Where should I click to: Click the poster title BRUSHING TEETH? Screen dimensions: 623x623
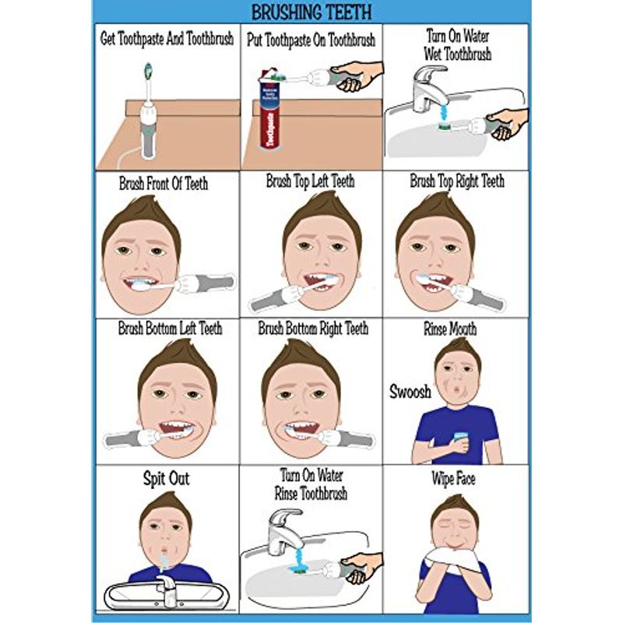tap(311, 12)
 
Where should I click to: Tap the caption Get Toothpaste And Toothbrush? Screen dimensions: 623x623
tap(167, 38)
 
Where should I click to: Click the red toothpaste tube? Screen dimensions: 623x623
tap(267, 117)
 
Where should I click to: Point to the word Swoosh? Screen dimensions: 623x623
tap(410, 392)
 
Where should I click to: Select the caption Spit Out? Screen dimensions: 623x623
tap(166, 478)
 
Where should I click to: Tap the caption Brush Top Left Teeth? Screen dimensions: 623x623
tap(310, 181)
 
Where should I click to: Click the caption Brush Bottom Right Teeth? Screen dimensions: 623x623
tap(312, 329)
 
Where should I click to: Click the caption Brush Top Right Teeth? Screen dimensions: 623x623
tap(456, 181)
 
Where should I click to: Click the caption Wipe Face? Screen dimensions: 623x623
tap(453, 478)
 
